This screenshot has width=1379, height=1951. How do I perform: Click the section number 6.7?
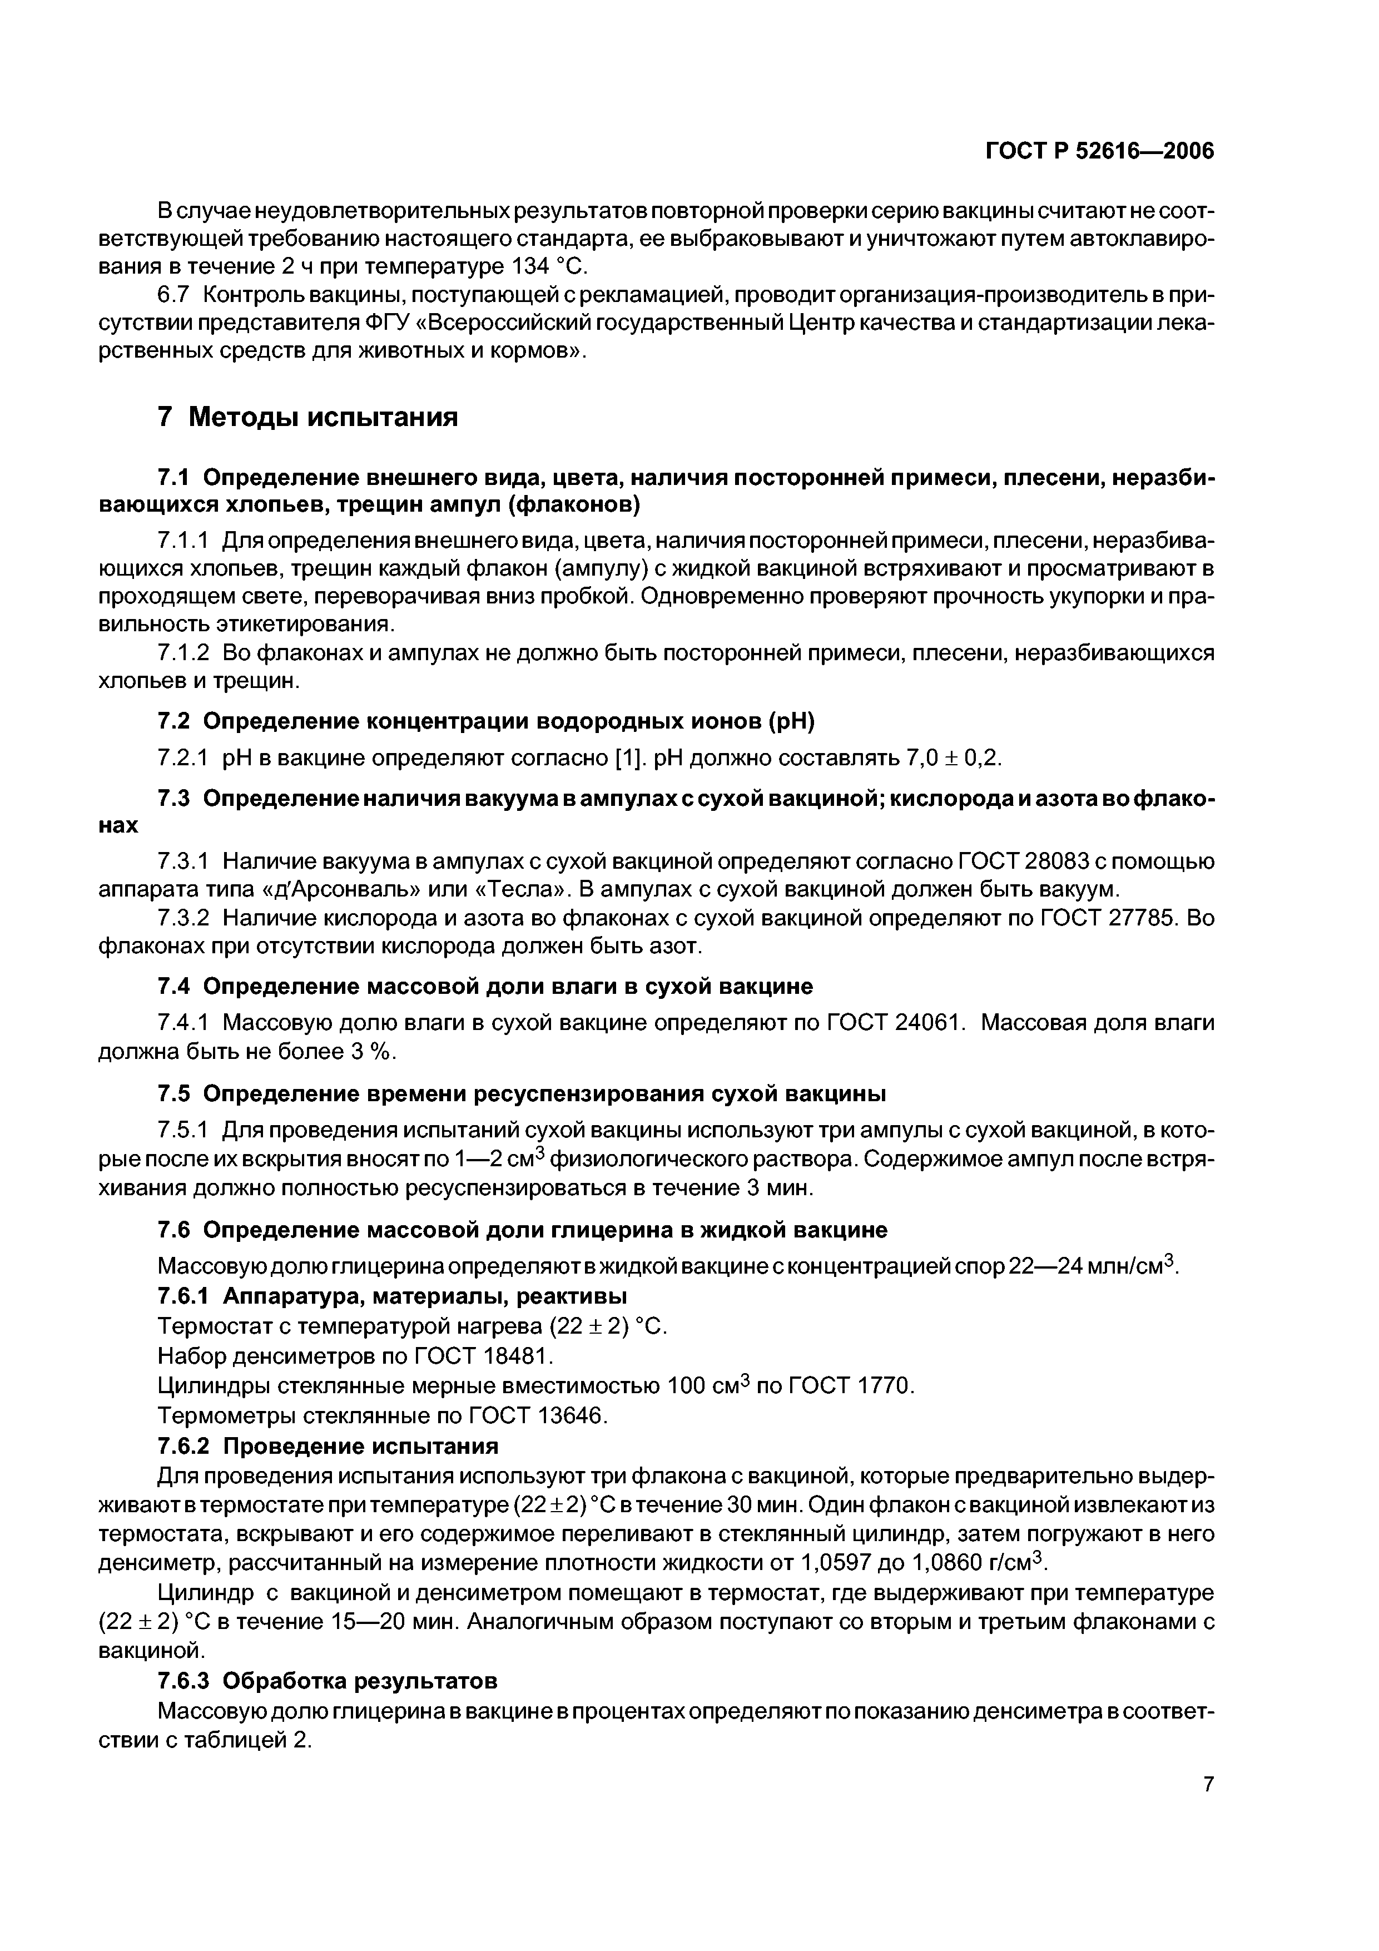(177, 295)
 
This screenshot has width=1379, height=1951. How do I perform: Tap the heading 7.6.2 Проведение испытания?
(328, 1446)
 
